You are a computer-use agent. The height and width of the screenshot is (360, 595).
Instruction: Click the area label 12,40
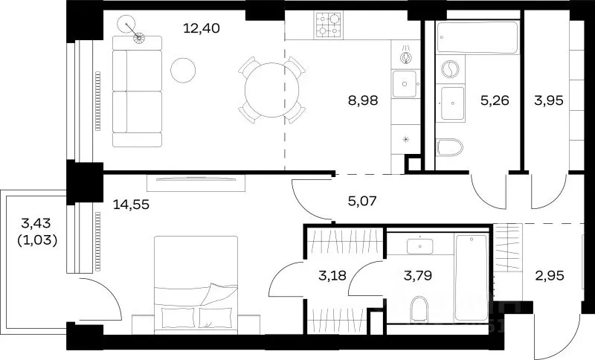pos(201,28)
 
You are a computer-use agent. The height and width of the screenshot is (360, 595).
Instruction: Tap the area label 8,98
pos(363,100)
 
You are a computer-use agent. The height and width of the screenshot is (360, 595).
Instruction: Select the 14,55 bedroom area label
pos(131,205)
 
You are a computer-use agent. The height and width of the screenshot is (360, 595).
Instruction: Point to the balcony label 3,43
pos(36,223)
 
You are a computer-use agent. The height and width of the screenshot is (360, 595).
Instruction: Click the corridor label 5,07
pos(362,201)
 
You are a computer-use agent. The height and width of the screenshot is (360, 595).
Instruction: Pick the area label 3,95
pos(548,100)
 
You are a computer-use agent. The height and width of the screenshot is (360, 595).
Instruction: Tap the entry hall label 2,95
pos(550,275)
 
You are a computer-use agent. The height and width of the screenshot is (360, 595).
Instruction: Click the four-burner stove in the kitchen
pos(329,25)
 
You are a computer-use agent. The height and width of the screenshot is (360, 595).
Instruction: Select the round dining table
pos(271,90)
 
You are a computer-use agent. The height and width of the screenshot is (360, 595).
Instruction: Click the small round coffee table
pos(183,70)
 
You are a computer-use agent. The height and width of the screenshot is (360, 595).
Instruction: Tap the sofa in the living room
pos(137,91)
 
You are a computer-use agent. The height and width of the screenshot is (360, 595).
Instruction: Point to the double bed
pos(196,285)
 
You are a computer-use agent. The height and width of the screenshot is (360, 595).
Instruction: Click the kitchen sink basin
pos(405,84)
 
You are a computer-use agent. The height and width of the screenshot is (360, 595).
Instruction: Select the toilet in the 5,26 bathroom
pos(450,147)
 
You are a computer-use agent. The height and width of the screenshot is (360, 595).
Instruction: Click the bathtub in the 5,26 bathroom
pos(477,37)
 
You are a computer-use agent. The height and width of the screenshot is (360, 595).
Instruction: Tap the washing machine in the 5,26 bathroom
pos(451,69)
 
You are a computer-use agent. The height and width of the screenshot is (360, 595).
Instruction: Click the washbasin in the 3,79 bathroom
pos(420,246)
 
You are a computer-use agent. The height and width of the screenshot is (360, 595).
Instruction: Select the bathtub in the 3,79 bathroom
pos(472,277)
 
